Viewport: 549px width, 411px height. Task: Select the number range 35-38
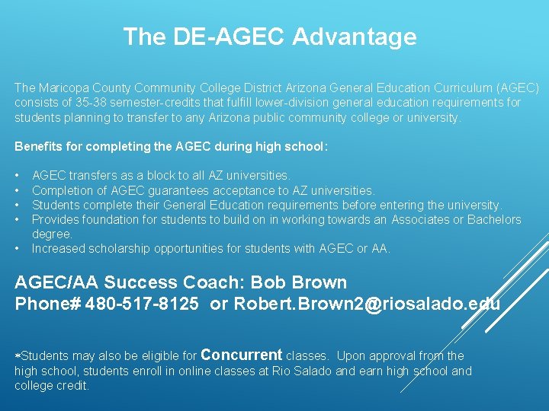click(x=89, y=104)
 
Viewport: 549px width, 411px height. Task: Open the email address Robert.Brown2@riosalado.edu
click(x=367, y=304)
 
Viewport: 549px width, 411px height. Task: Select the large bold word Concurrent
click(x=242, y=355)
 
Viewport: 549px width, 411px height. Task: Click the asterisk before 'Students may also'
click(x=18, y=355)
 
